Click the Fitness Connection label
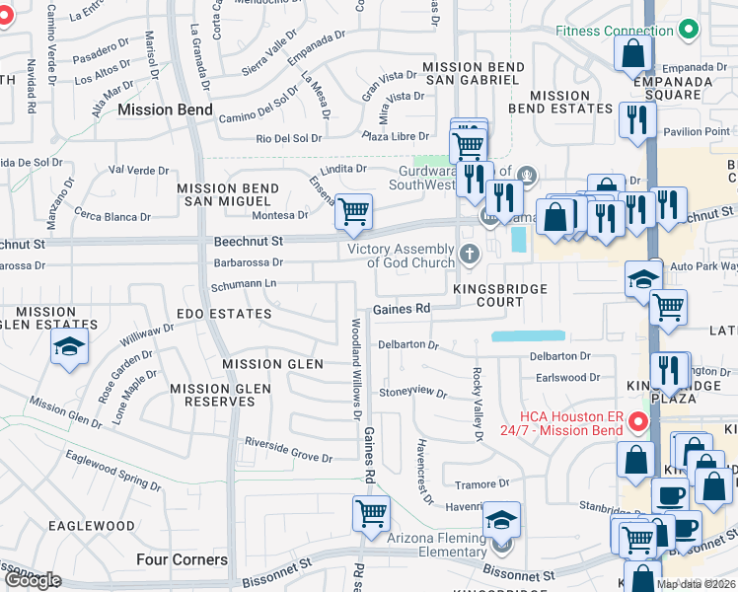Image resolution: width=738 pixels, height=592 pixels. click(x=614, y=31)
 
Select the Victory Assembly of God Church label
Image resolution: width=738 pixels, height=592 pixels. click(x=403, y=256)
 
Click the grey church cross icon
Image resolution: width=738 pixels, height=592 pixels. click(x=469, y=255)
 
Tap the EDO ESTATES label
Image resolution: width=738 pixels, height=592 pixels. click(x=223, y=314)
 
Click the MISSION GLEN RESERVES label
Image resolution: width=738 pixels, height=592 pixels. click(x=220, y=396)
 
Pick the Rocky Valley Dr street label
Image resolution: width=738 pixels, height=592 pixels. click(x=477, y=405)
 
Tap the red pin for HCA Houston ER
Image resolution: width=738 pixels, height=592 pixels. click(x=637, y=423)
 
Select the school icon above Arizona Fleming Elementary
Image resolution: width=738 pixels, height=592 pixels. click(x=502, y=519)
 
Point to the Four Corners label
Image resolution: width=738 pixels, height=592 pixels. click(x=182, y=559)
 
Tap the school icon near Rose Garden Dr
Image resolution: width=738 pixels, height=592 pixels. click(x=69, y=347)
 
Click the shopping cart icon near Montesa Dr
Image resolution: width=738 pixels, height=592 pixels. click(x=353, y=210)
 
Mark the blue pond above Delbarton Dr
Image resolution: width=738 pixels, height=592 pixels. click(x=528, y=335)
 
